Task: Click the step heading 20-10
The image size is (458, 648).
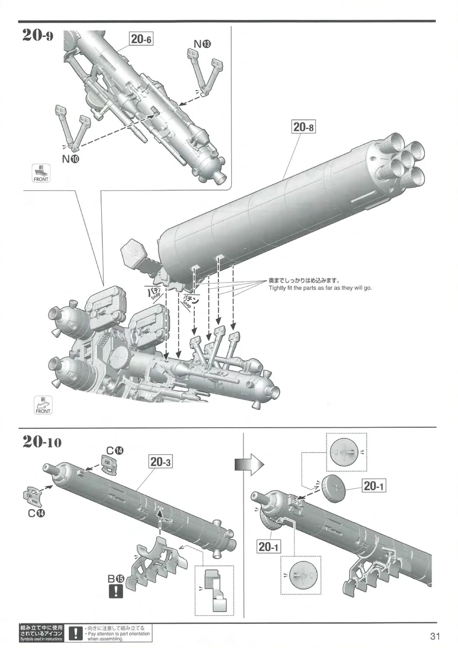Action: pyautogui.click(x=41, y=443)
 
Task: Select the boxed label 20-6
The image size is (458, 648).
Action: pyautogui.click(x=141, y=39)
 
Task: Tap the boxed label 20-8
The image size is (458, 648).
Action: pyautogui.click(x=304, y=127)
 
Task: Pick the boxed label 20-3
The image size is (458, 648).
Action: pyautogui.click(x=161, y=462)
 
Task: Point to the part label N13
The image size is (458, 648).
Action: pyautogui.click(x=202, y=44)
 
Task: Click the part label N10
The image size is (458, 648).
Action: pyautogui.click(x=70, y=159)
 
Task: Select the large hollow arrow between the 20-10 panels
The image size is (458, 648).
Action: pyautogui.click(x=249, y=464)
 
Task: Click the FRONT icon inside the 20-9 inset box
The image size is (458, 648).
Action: pyautogui.click(x=41, y=173)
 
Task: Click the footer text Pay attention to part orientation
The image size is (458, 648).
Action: pyautogui.click(x=118, y=634)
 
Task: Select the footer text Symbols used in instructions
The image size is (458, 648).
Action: pyautogui.click(x=41, y=639)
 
